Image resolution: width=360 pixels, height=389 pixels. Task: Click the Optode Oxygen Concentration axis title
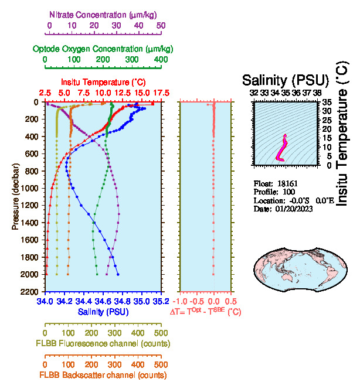point(103,48)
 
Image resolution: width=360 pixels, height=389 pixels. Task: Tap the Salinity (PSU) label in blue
point(103,312)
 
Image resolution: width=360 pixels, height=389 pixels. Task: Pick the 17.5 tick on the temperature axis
point(161,93)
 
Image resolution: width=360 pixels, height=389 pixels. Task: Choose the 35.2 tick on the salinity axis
point(161,301)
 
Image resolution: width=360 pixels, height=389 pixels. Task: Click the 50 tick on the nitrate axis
point(161,25)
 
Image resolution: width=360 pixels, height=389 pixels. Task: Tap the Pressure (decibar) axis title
point(15,188)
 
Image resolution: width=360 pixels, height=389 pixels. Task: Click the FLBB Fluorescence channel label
point(103,343)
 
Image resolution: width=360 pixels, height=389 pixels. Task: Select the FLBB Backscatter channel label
point(103,375)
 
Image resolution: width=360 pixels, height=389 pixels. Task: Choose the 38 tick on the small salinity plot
point(317,93)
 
